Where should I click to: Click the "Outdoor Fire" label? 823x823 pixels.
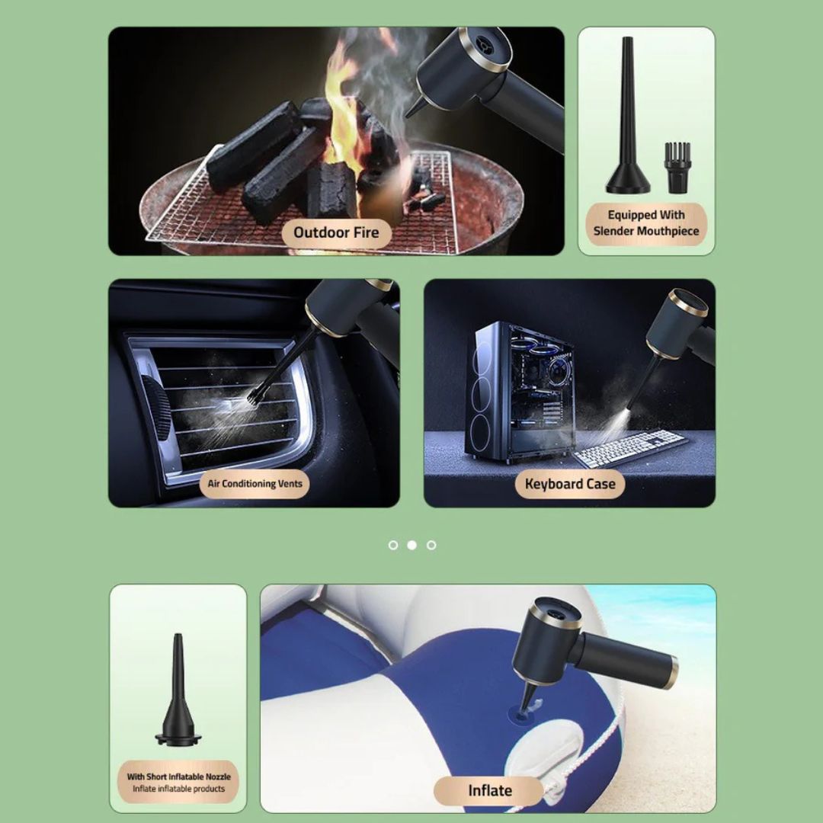point(336,232)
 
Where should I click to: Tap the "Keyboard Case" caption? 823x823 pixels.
point(570,483)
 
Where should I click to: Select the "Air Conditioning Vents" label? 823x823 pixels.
point(255,483)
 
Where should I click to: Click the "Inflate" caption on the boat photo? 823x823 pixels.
point(490,790)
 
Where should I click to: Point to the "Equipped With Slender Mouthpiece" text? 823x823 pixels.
point(646,223)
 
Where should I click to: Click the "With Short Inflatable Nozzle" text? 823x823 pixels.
point(178,777)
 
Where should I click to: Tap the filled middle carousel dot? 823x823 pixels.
point(412,545)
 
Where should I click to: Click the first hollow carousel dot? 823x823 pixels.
point(393,545)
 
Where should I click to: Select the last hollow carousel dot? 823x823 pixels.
point(431,545)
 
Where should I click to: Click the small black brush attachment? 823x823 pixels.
point(677,168)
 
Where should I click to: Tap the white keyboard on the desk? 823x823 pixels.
point(629,448)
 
